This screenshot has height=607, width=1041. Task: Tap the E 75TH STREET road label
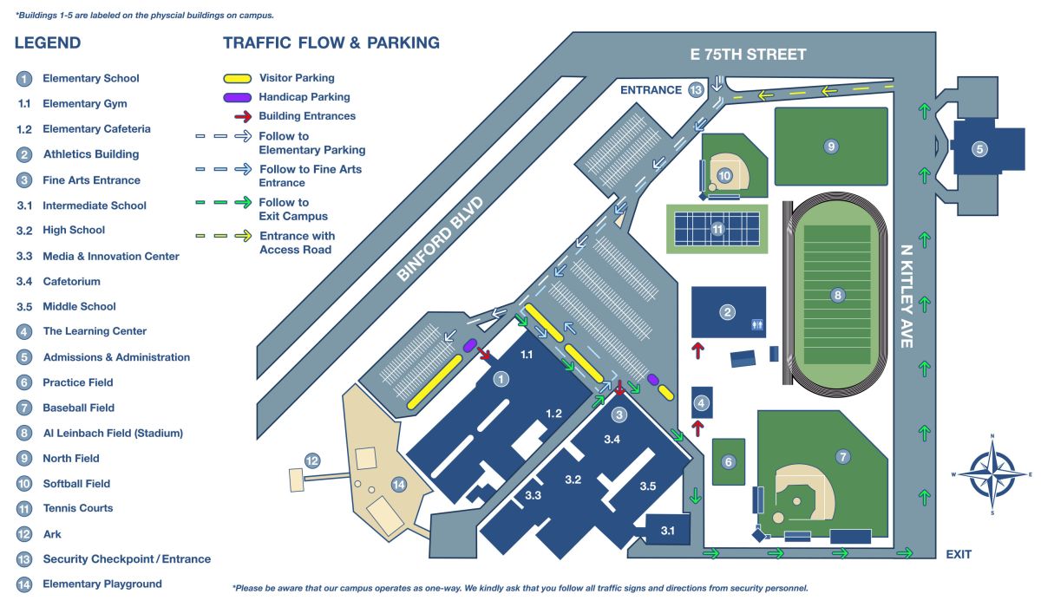748,55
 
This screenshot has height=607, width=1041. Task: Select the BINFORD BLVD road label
440,238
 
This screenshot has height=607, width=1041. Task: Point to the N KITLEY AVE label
907,295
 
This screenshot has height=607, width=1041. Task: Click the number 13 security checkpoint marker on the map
695,90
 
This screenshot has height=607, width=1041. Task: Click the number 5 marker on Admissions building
979,149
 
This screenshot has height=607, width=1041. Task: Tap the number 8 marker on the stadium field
836,295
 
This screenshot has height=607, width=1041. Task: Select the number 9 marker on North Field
830,147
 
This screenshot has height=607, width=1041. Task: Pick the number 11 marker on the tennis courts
717,230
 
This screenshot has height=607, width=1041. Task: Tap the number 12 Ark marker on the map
312,460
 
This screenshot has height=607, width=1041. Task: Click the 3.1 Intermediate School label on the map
667,530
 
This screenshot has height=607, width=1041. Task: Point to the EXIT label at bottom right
959,554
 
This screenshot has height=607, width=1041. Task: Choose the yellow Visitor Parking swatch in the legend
239,79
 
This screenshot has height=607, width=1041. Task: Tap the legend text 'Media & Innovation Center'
111,256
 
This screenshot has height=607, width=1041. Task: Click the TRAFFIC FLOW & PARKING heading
331,43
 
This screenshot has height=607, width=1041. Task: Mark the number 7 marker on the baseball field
841,456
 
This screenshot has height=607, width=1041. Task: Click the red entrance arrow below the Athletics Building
696,349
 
